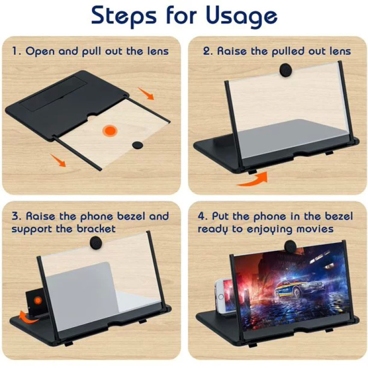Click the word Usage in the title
click(x=241, y=16)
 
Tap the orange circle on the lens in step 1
click(x=110, y=131)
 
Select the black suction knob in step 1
click(x=138, y=145)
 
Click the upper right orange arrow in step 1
click(x=146, y=93)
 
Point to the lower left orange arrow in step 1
click(x=58, y=160)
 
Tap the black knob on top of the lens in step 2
click(x=286, y=69)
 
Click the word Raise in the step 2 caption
click(x=232, y=51)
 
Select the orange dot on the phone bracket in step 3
click(x=38, y=300)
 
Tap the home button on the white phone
click(x=221, y=297)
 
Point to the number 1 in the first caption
click(x=14, y=51)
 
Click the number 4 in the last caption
click(x=201, y=216)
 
